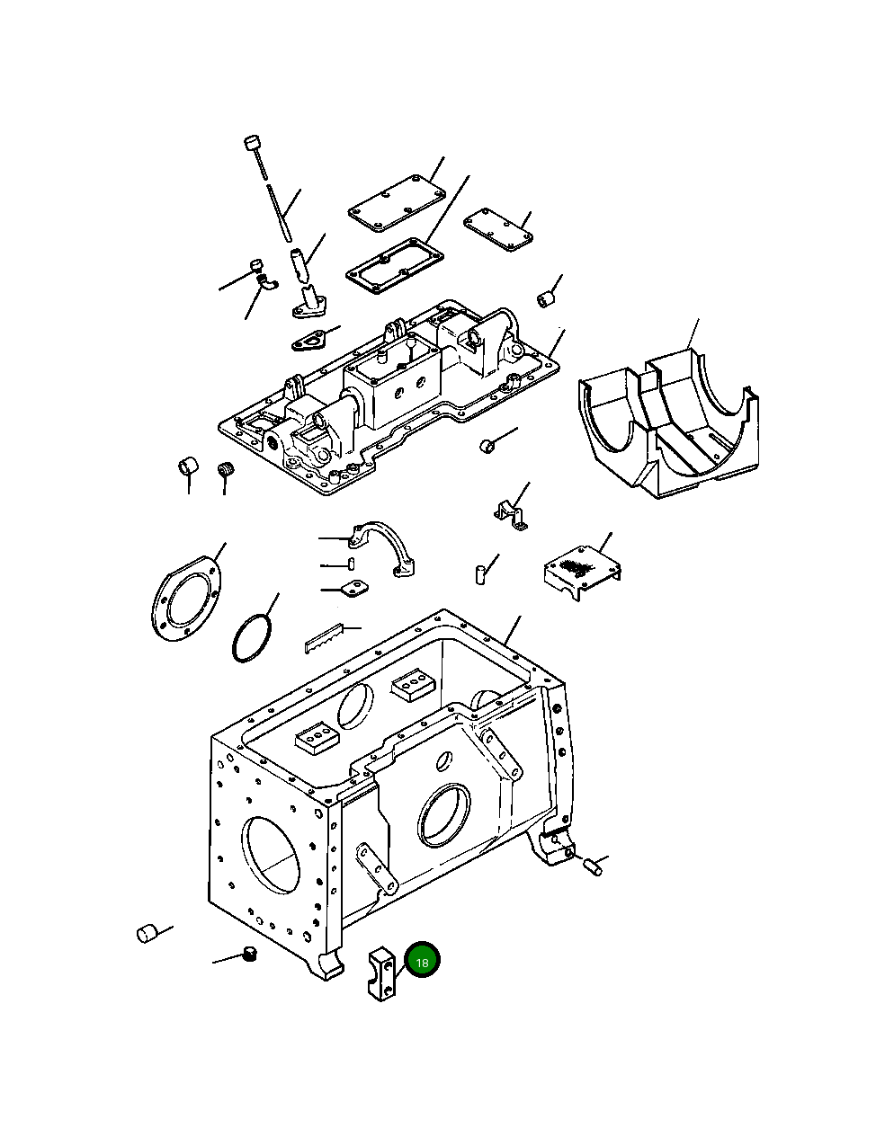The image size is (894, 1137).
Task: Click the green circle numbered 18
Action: coord(422,960)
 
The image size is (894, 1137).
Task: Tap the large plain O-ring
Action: coord(252,638)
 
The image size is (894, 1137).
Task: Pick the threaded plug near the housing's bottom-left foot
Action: coord(251,955)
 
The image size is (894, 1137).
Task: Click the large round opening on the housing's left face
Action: coord(273,857)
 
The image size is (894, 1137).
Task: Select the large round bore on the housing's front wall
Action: coord(444,814)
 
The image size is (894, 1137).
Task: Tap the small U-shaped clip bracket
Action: coord(510,512)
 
